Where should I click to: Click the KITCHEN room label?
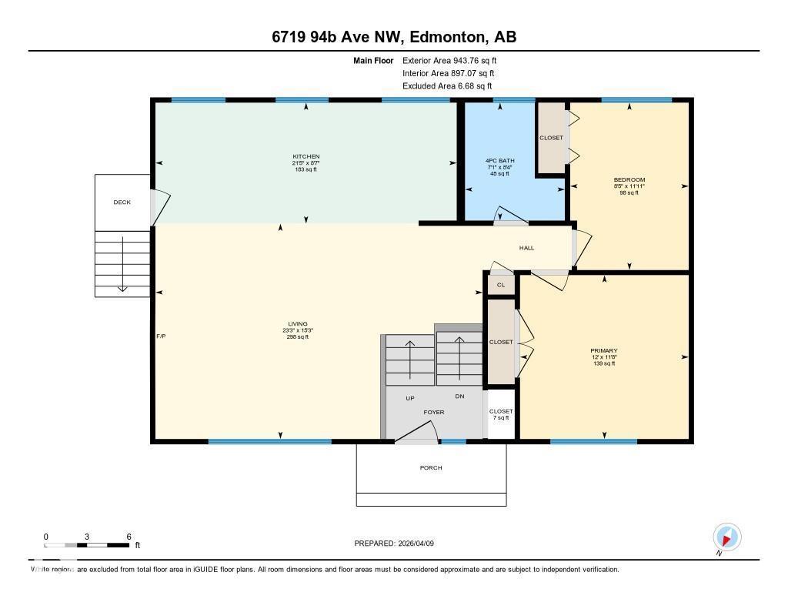tap(306, 157)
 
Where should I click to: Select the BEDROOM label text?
tap(629, 180)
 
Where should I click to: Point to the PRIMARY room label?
tap(603, 350)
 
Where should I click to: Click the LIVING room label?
tap(297, 324)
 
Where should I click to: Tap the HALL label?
tap(526, 248)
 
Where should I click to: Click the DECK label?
tap(122, 202)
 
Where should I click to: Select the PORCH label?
tap(431, 468)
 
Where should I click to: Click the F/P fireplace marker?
tap(161, 336)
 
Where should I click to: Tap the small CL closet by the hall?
tap(501, 285)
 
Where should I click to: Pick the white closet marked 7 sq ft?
tap(501, 414)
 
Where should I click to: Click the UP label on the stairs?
tap(410, 398)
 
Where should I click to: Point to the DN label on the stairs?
tap(459, 397)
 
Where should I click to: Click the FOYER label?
tap(434, 413)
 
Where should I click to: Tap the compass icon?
tap(726, 537)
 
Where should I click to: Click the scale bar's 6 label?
tap(129, 537)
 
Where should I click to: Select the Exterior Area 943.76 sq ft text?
tap(454, 60)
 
